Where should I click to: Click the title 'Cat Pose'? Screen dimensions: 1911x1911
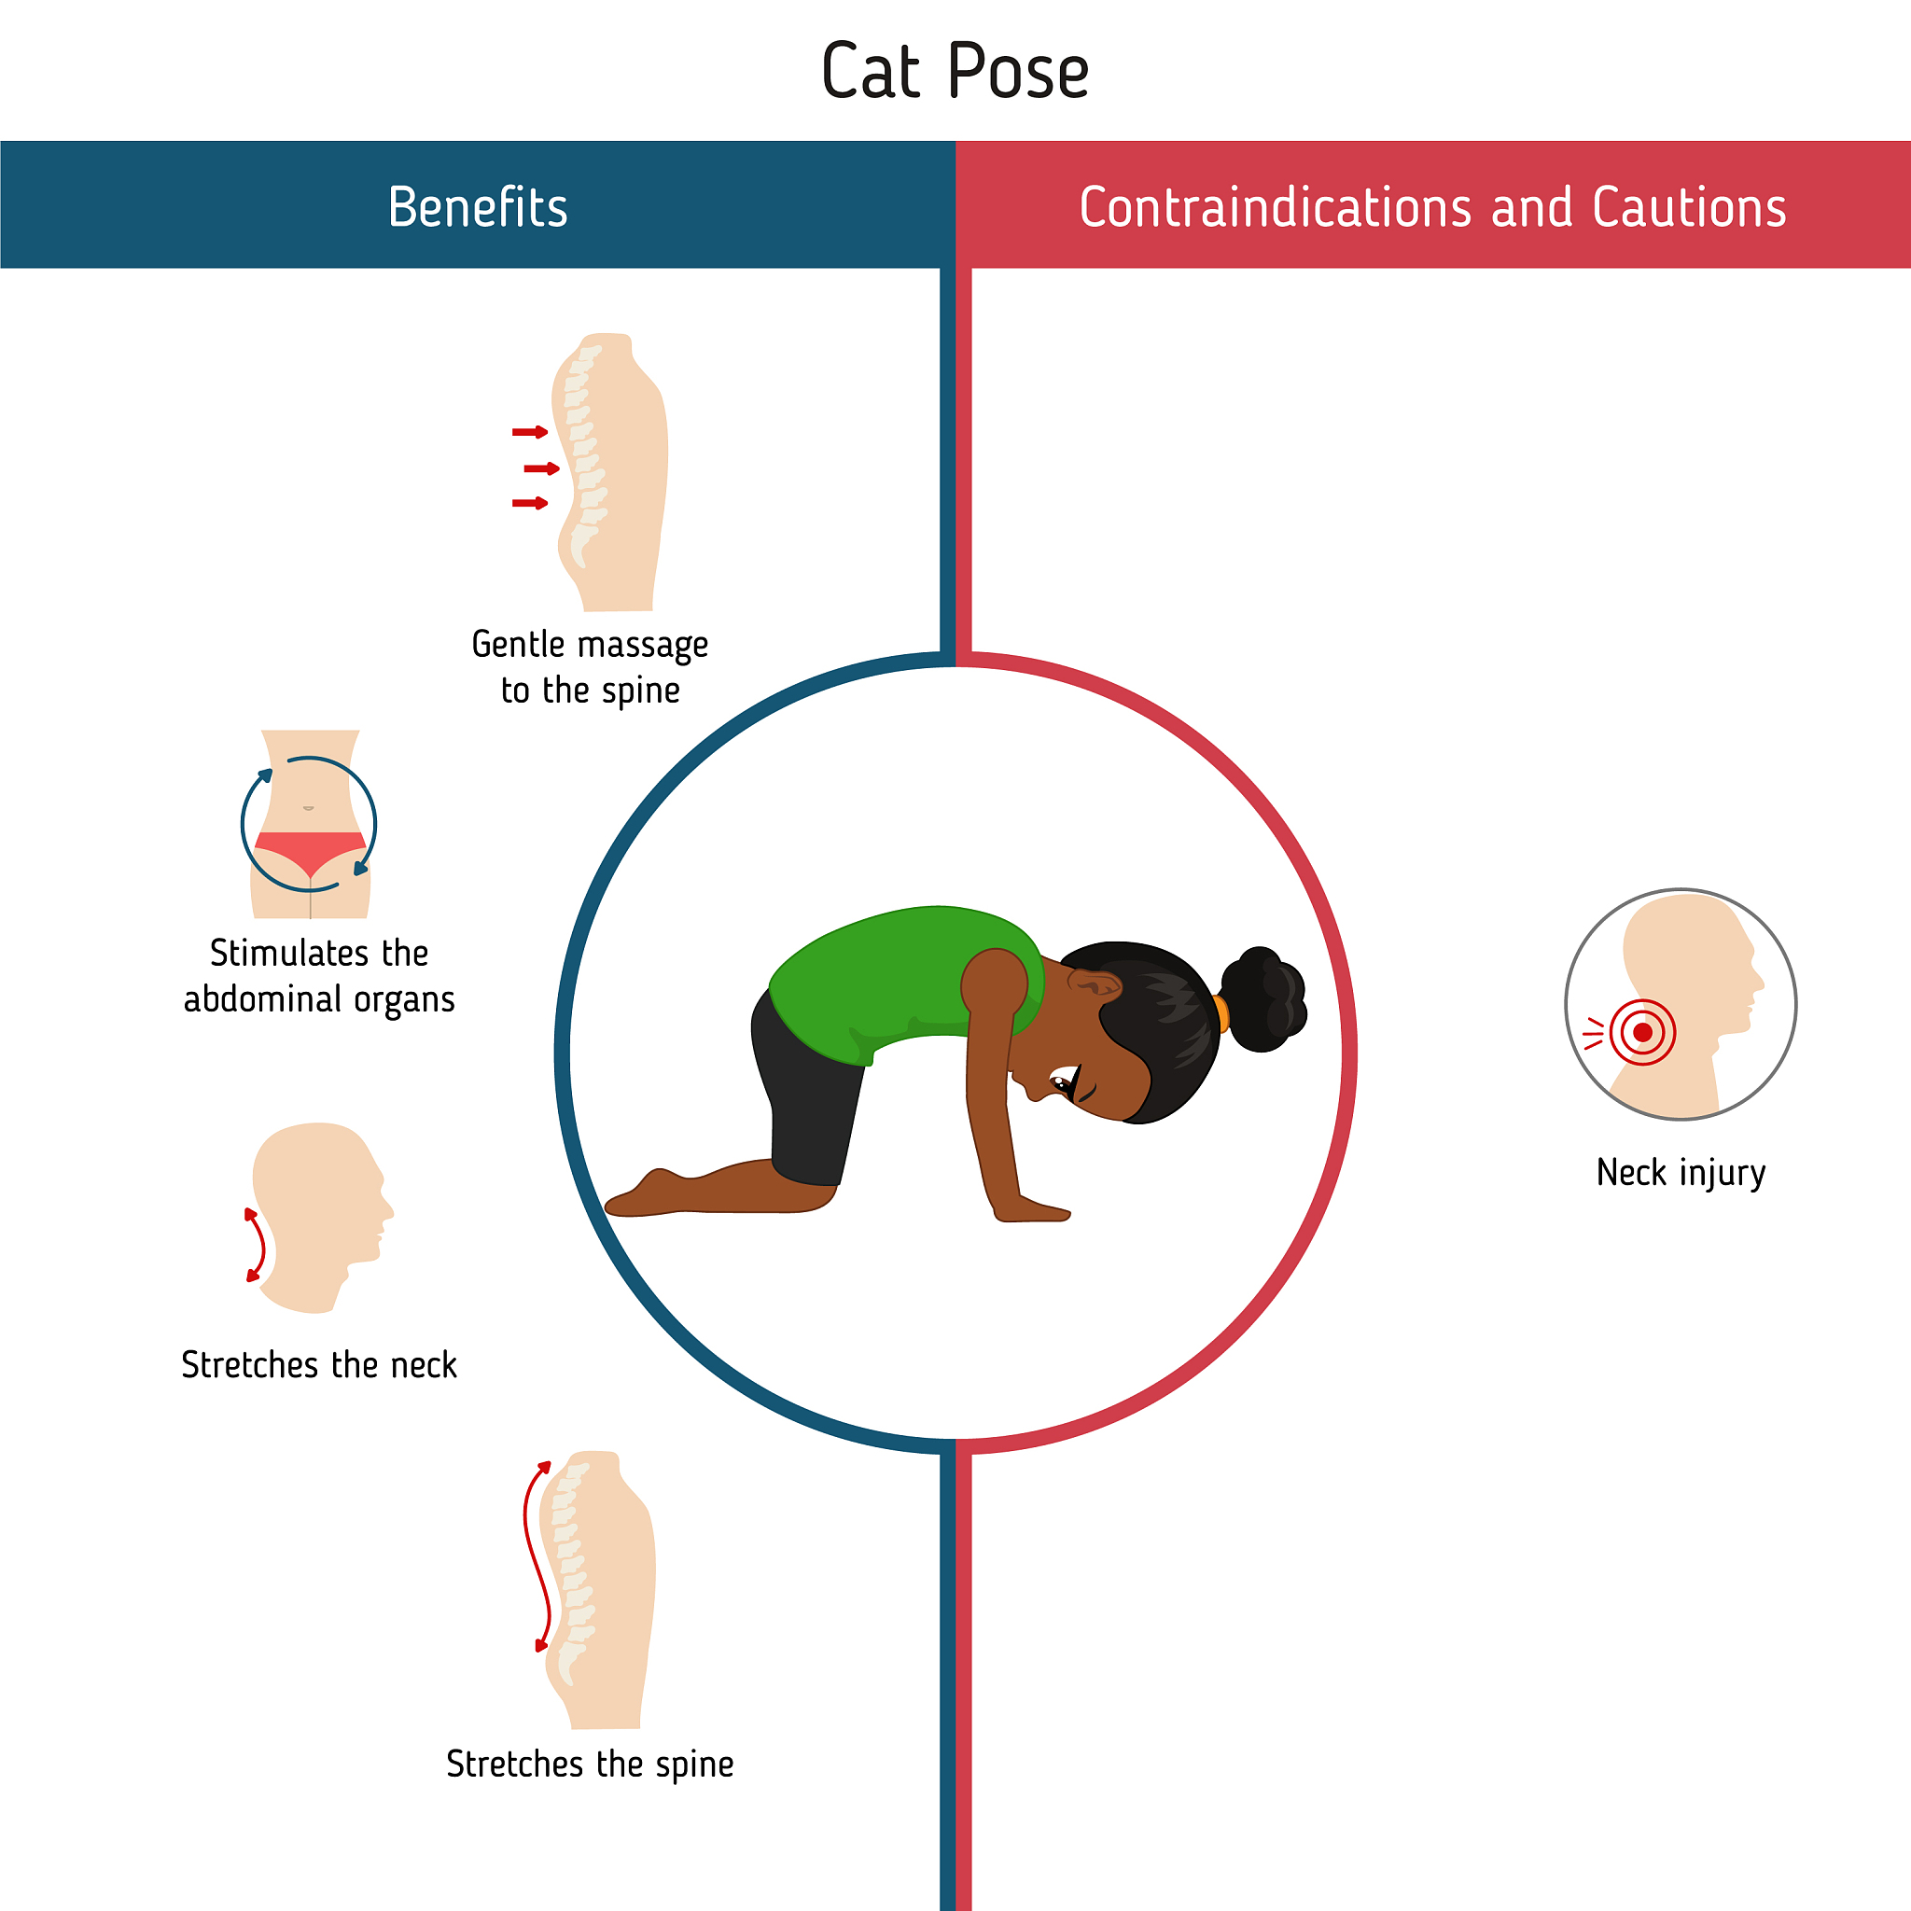pos(955,71)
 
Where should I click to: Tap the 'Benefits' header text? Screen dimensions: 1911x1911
pos(478,207)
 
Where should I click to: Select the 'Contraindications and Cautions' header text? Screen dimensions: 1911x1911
pos(1432,207)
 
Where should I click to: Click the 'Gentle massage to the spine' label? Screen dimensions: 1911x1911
pos(591,666)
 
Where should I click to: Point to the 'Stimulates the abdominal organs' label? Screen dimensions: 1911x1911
pos(319,976)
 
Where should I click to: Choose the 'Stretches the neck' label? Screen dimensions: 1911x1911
pos(319,1365)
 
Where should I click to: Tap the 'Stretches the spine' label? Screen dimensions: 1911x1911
pos(591,1764)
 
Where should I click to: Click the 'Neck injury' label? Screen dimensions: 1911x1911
pos(1681,1173)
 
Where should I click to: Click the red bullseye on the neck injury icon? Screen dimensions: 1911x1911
pos(1643,1033)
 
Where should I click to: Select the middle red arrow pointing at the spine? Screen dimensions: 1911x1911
pos(542,467)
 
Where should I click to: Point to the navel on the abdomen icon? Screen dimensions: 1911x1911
pos(309,808)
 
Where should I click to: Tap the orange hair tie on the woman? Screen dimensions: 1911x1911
pos(1221,1014)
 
